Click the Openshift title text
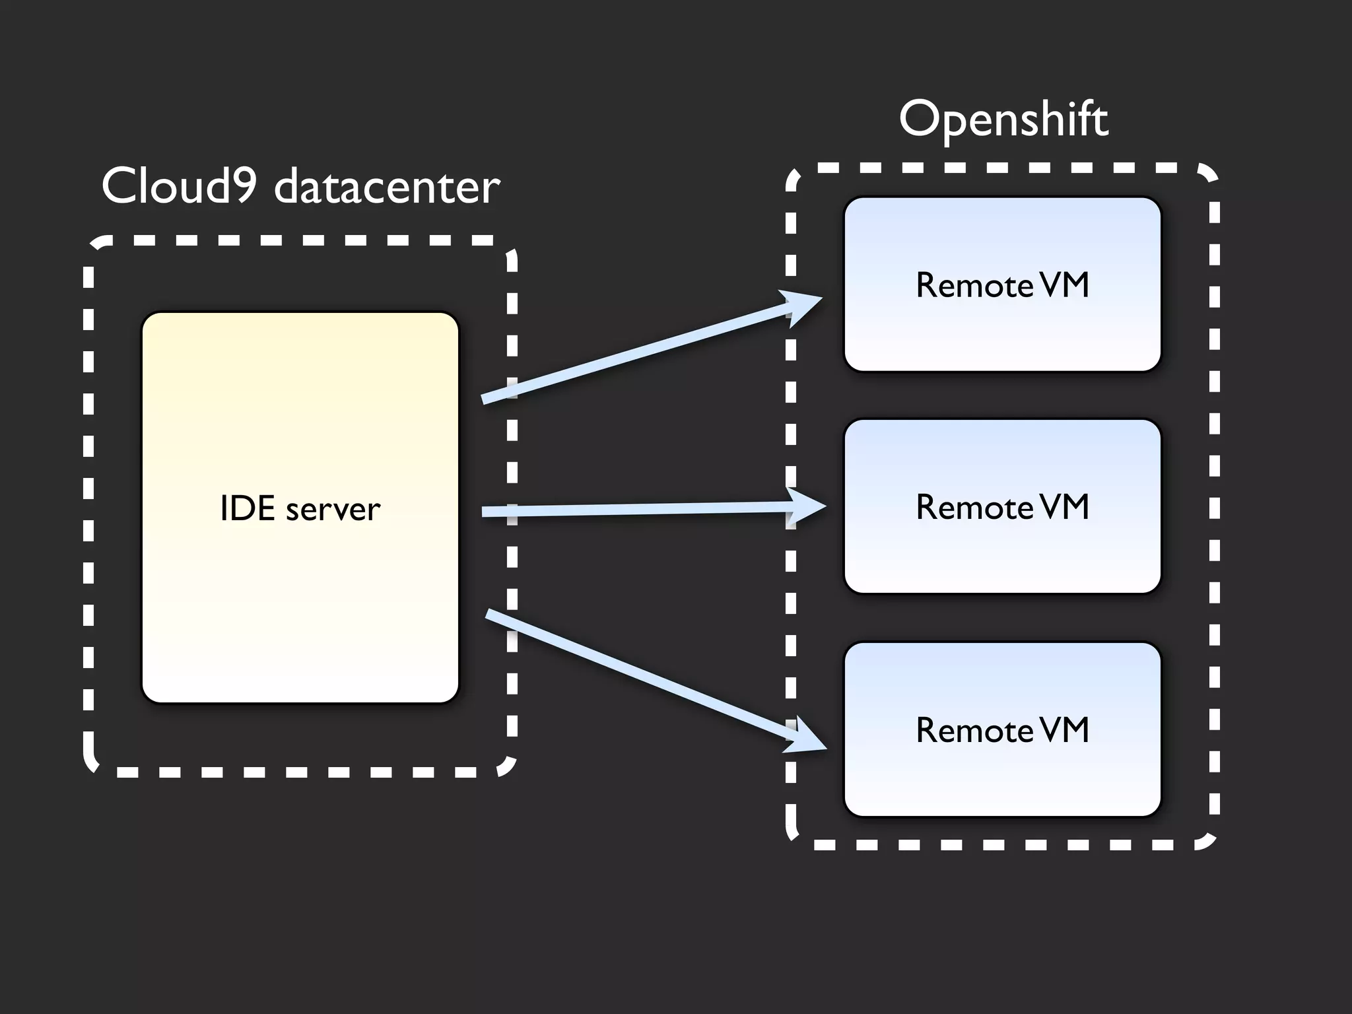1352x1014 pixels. click(x=1003, y=119)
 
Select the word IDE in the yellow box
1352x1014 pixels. click(x=247, y=508)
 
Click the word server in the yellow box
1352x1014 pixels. click(x=333, y=510)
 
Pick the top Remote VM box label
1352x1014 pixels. click(x=1002, y=285)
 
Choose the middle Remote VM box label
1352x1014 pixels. click(x=1002, y=507)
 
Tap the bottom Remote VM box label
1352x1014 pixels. click(x=1002, y=730)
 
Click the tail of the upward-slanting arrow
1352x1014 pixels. click(x=486, y=398)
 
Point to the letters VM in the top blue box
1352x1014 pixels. click(x=1064, y=285)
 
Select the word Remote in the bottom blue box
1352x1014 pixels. click(x=974, y=730)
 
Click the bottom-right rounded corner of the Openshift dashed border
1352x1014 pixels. click(x=1208, y=840)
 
